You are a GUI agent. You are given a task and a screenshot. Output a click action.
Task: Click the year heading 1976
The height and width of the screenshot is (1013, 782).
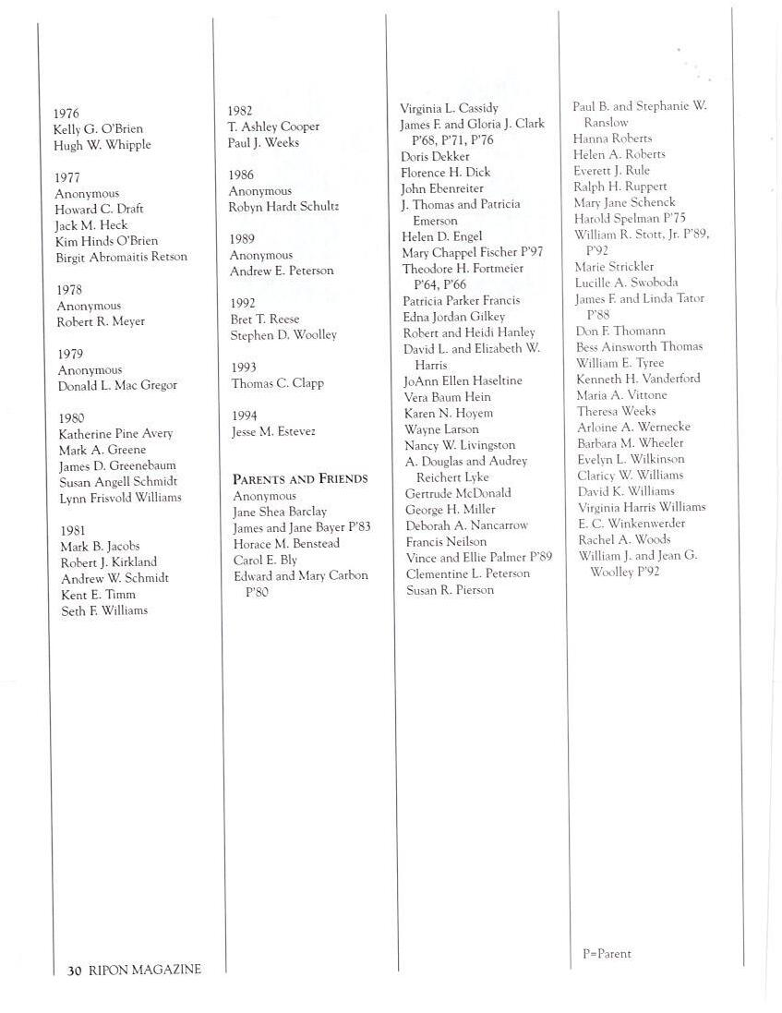click(x=66, y=113)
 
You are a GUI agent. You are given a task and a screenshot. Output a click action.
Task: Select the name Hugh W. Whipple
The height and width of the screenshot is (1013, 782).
click(x=102, y=145)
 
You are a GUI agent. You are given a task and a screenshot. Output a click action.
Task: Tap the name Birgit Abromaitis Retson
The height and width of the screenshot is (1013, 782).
click(x=121, y=257)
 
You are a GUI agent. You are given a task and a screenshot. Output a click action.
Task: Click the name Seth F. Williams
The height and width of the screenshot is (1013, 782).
click(x=103, y=610)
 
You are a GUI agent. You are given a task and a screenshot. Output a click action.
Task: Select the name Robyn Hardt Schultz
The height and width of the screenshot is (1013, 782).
click(x=283, y=207)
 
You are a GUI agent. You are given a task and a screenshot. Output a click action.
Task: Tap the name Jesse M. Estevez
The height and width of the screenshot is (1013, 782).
click(x=273, y=431)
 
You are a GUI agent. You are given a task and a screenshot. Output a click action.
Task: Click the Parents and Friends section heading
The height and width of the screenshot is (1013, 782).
click(x=300, y=478)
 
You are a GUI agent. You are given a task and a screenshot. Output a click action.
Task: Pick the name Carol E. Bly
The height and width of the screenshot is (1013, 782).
click(x=265, y=560)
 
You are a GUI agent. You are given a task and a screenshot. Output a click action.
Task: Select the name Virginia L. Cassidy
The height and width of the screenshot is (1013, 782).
click(x=449, y=108)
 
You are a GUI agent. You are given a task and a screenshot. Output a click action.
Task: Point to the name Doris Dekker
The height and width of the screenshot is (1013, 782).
click(x=435, y=156)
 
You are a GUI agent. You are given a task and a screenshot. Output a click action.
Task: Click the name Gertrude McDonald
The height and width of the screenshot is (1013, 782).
click(x=458, y=493)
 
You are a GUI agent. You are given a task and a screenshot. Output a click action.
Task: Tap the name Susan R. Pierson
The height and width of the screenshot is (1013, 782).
click(x=450, y=590)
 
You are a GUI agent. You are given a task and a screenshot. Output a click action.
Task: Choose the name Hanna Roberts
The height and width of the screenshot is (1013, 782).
click(x=612, y=139)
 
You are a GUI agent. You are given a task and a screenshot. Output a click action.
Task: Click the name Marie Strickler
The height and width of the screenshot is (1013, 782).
click(x=614, y=267)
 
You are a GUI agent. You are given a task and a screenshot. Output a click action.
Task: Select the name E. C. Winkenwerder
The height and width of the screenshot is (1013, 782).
click(x=632, y=523)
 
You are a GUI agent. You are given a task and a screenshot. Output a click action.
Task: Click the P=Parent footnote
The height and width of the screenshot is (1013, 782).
click(x=607, y=954)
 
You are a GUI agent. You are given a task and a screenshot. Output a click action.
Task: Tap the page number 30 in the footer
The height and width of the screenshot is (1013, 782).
click(x=75, y=970)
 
